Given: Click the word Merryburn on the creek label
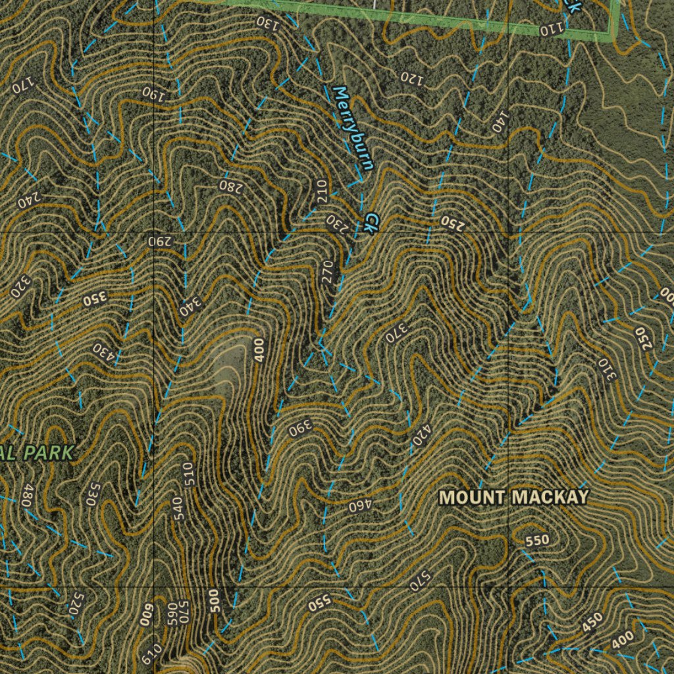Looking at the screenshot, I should tap(353, 128).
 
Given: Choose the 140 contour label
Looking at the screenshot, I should tap(500, 121).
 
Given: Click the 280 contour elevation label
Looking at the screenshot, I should tap(231, 186).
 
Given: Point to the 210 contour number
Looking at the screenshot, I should tap(321, 191).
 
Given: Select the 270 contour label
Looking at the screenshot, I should tap(329, 272).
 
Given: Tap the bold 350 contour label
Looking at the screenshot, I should tap(94, 301).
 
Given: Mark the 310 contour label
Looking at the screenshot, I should tap(606, 369).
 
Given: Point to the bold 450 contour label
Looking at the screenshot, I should tap(592, 622).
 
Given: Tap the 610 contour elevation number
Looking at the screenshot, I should tap(151, 653).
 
